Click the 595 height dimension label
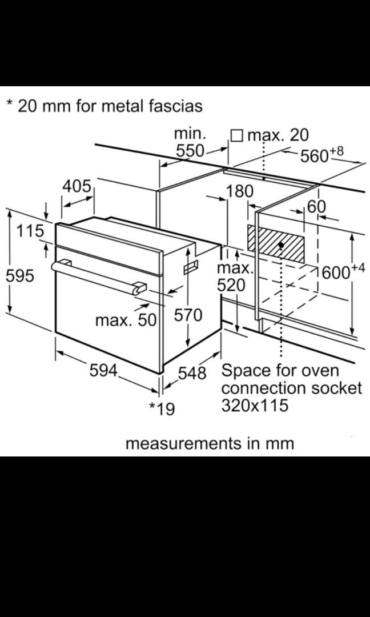coord(19,276)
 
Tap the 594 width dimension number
coord(103,370)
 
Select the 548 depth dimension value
coord(192,372)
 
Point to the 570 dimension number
coord(188,315)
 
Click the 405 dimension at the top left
coord(77,186)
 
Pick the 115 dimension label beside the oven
coord(30,231)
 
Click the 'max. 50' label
coord(126,320)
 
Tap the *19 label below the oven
coord(162,409)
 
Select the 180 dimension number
coord(239,191)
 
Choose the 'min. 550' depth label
coord(190,142)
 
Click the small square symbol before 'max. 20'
coord(236,136)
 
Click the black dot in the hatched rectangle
coord(281,245)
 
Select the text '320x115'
coord(255,405)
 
